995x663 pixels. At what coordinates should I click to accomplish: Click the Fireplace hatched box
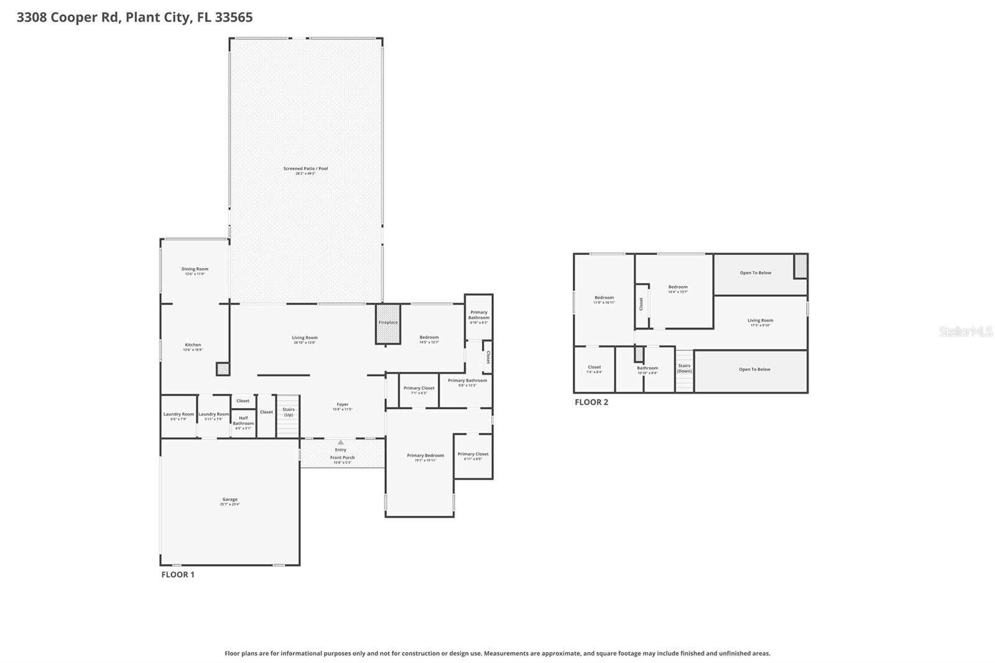[387, 323]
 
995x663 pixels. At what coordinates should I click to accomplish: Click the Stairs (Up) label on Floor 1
[289, 412]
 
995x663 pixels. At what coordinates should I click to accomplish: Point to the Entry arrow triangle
[340, 442]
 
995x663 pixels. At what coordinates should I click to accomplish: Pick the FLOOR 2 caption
[591, 402]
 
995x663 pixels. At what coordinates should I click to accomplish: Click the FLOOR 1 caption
[178, 575]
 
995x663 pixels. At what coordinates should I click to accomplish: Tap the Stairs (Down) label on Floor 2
[684, 368]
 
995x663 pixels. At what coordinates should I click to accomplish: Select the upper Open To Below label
[755, 273]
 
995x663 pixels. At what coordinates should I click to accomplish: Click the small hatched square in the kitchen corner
[223, 369]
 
